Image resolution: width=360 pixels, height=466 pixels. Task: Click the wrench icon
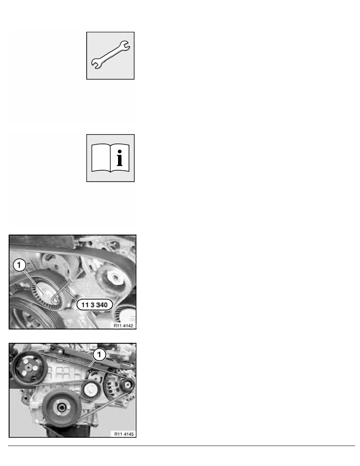click(x=111, y=56)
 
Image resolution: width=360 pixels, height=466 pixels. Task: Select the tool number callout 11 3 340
click(x=94, y=304)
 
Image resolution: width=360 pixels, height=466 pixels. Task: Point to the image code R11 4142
click(x=124, y=325)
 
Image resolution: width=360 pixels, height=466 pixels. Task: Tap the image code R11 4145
click(x=124, y=434)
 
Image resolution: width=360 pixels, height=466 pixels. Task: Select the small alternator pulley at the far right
click(x=127, y=386)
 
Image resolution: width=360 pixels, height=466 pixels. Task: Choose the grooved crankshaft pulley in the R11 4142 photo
click(x=24, y=314)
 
